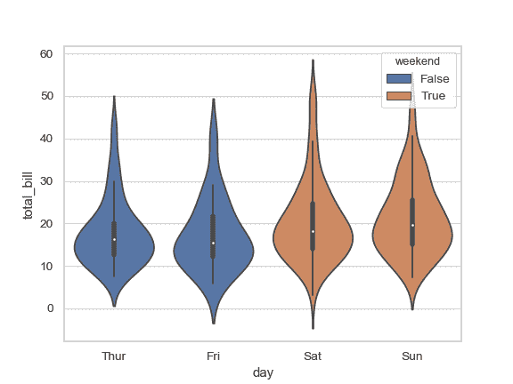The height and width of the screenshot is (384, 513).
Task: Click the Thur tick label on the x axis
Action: (x=114, y=356)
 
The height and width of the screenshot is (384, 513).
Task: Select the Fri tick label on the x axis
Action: (x=213, y=356)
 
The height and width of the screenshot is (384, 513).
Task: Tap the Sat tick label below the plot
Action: (x=313, y=356)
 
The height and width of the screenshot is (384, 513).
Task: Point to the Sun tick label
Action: (x=411, y=356)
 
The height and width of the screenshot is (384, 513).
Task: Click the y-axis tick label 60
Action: (x=46, y=54)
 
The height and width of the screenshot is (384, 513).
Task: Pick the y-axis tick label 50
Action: (x=46, y=96)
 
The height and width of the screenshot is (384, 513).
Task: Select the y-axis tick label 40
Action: (x=46, y=139)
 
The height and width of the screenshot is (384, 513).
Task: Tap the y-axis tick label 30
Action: (x=46, y=181)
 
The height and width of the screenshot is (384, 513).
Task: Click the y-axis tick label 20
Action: (x=46, y=224)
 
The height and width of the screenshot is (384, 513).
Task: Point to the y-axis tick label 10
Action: (x=46, y=266)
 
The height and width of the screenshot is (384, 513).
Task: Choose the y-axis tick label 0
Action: (x=50, y=308)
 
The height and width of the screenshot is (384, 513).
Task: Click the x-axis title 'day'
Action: (x=263, y=373)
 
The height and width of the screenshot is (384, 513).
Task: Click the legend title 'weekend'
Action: (x=418, y=60)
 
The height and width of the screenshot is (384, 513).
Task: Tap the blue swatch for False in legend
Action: (x=398, y=79)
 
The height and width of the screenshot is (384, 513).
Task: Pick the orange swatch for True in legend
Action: (x=398, y=95)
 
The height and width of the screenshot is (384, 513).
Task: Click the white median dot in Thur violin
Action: (x=114, y=239)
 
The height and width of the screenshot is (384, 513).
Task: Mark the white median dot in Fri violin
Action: (x=214, y=243)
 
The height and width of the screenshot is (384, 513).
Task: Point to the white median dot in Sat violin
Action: (x=313, y=231)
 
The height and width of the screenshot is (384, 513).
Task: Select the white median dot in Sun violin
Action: (x=412, y=225)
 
